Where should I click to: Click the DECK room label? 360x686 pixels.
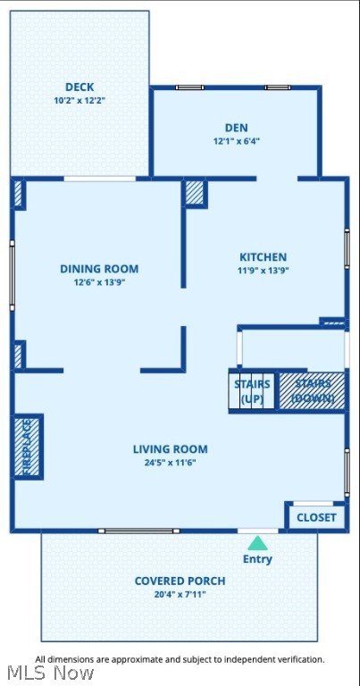pos(80,87)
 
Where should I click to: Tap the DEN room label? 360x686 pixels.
pos(237,128)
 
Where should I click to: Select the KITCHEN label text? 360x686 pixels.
pos(263,257)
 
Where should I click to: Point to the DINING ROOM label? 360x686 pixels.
pos(99,269)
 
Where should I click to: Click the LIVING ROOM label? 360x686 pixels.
pos(170,449)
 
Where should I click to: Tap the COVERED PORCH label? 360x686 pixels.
pos(180,581)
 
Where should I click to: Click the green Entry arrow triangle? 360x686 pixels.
pos(257,542)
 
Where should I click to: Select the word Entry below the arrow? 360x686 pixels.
pos(257,559)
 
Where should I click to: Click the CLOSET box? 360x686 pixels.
pos(316,517)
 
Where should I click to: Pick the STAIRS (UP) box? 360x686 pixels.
pos(252,391)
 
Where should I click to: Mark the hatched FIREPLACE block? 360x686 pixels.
pos(27,446)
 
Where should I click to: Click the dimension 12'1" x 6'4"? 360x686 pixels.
pos(237,141)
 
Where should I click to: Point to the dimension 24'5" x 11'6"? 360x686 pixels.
pos(170,463)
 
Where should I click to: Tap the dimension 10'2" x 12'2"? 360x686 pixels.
pos(80,100)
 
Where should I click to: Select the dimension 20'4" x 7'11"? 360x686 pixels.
pos(180,594)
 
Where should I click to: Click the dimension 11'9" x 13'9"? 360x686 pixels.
pos(263,271)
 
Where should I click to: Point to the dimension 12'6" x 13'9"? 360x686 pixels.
pos(99,282)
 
